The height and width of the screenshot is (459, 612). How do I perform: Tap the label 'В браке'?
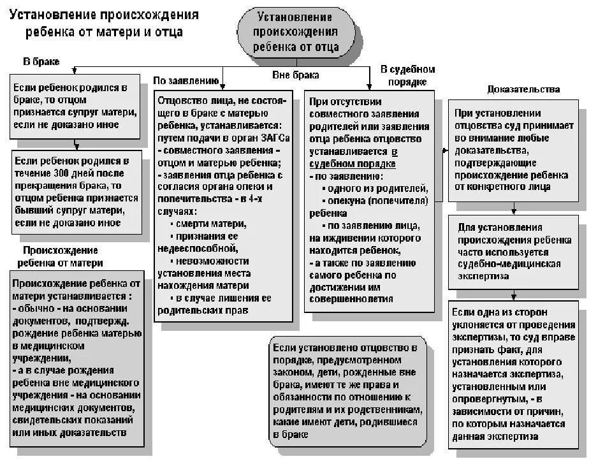[x=41, y=62]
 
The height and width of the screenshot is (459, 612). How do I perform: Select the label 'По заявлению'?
[x=185, y=80]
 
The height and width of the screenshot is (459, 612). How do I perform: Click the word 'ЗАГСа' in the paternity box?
[x=273, y=138]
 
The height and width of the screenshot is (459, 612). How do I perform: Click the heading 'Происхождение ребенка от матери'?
[x=61, y=256]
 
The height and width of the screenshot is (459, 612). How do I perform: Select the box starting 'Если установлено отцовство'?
[x=347, y=390]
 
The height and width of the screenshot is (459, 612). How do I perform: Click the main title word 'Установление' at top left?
[x=48, y=15]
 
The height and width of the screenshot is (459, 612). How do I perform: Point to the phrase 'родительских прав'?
[x=203, y=310]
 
